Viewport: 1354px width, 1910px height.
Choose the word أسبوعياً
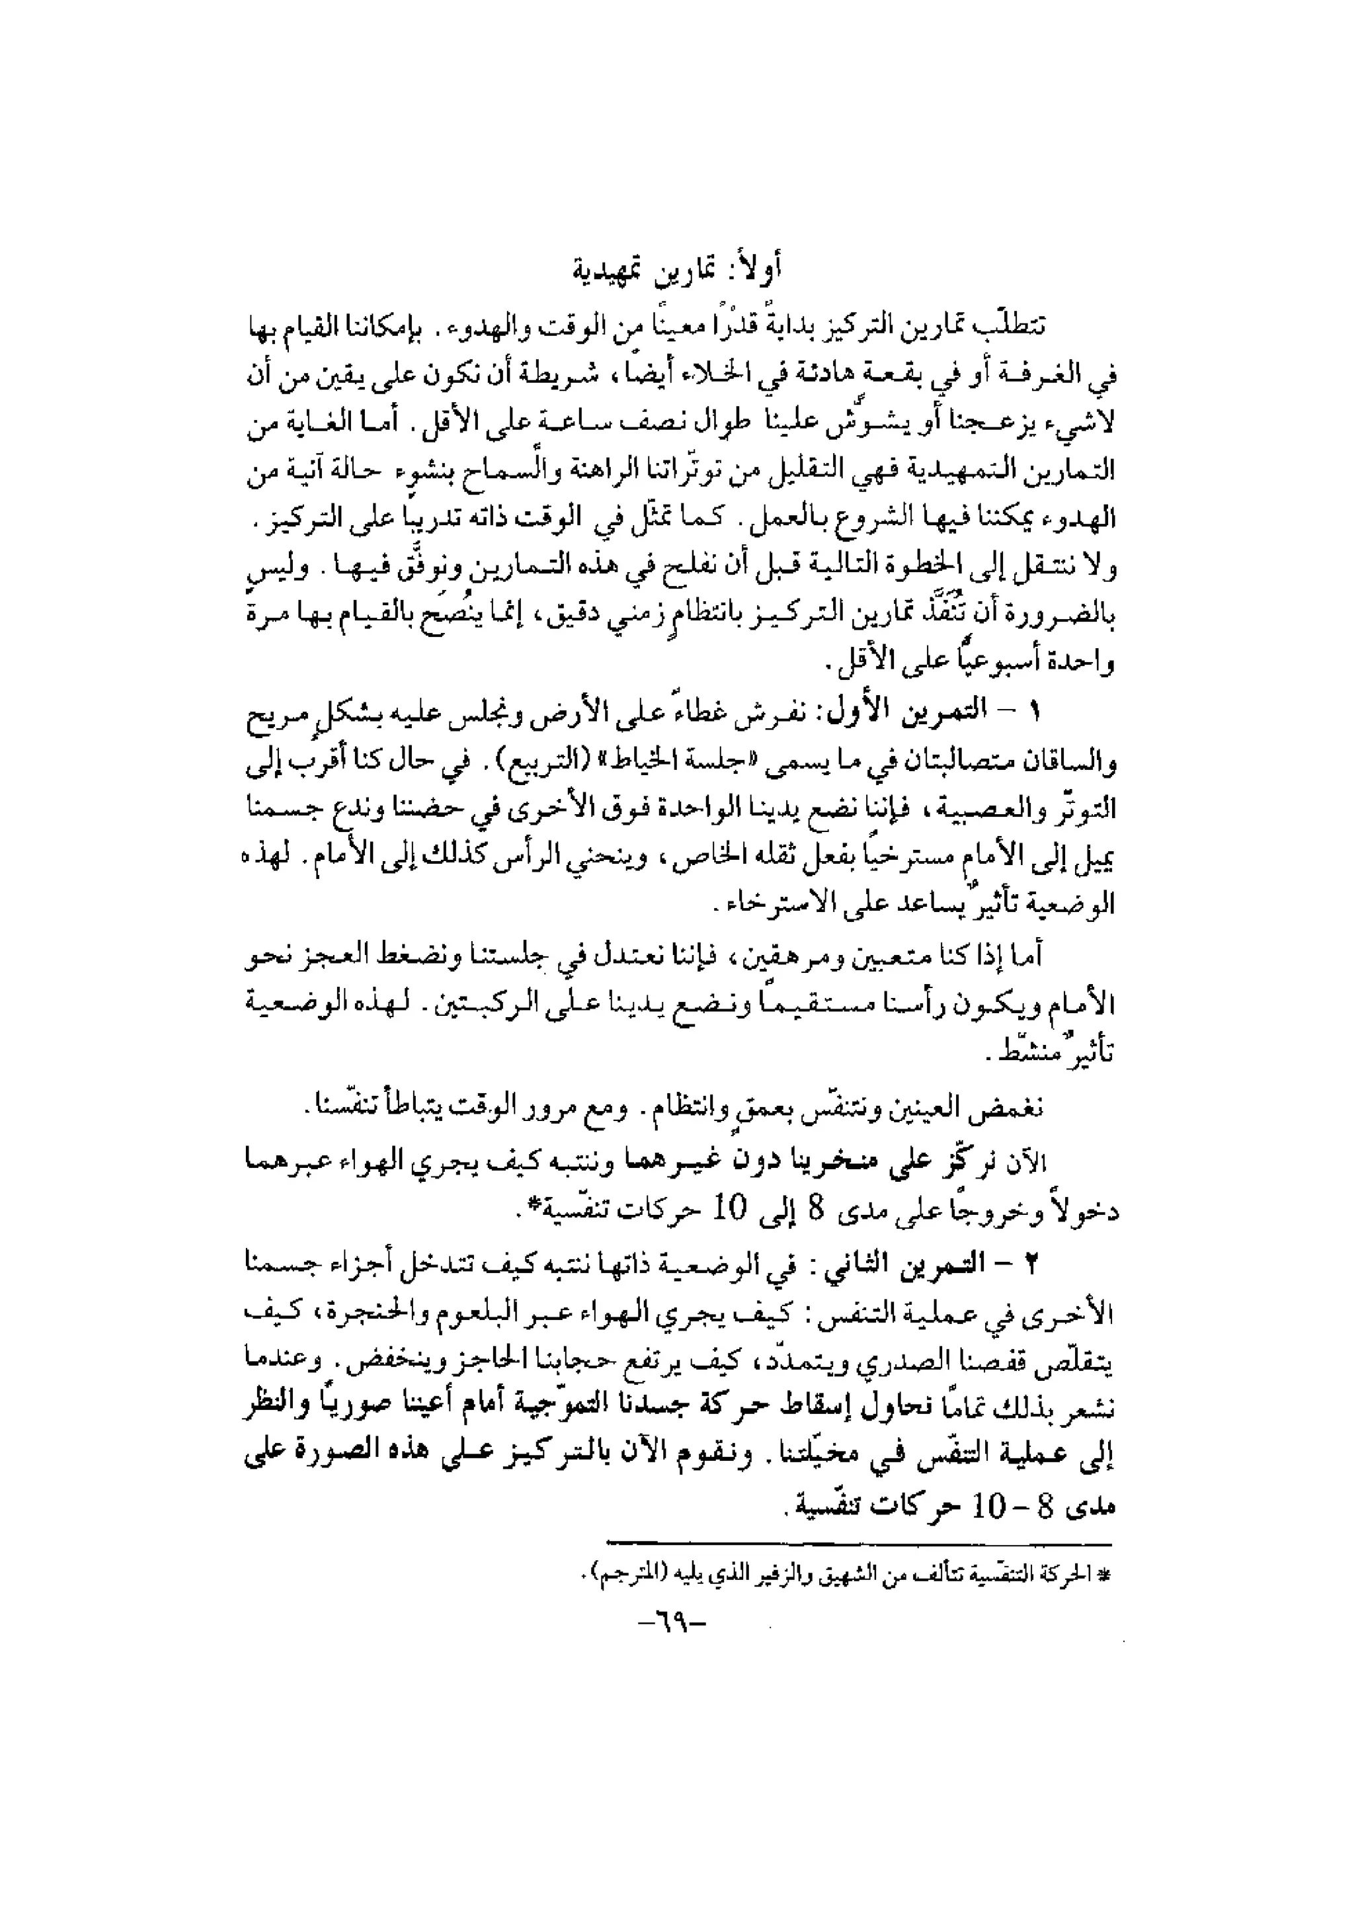coord(967,665)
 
